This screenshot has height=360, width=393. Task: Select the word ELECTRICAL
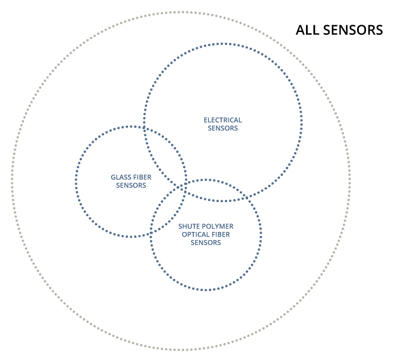pyautogui.click(x=223, y=120)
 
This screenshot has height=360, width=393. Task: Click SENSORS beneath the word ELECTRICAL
pyautogui.click(x=223, y=128)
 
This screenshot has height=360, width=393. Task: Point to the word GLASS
pyautogui.click(x=120, y=177)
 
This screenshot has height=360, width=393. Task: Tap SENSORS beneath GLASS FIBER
pyautogui.click(x=131, y=185)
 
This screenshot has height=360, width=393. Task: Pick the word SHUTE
pyautogui.click(x=189, y=226)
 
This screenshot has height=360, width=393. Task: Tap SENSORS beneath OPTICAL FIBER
pyautogui.click(x=206, y=243)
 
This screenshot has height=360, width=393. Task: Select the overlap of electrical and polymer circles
pyautogui.click(x=213, y=191)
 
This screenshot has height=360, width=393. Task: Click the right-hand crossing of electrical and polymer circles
pyautogui.click(x=248, y=197)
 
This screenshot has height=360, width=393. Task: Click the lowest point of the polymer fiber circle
pyautogui.click(x=206, y=290)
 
